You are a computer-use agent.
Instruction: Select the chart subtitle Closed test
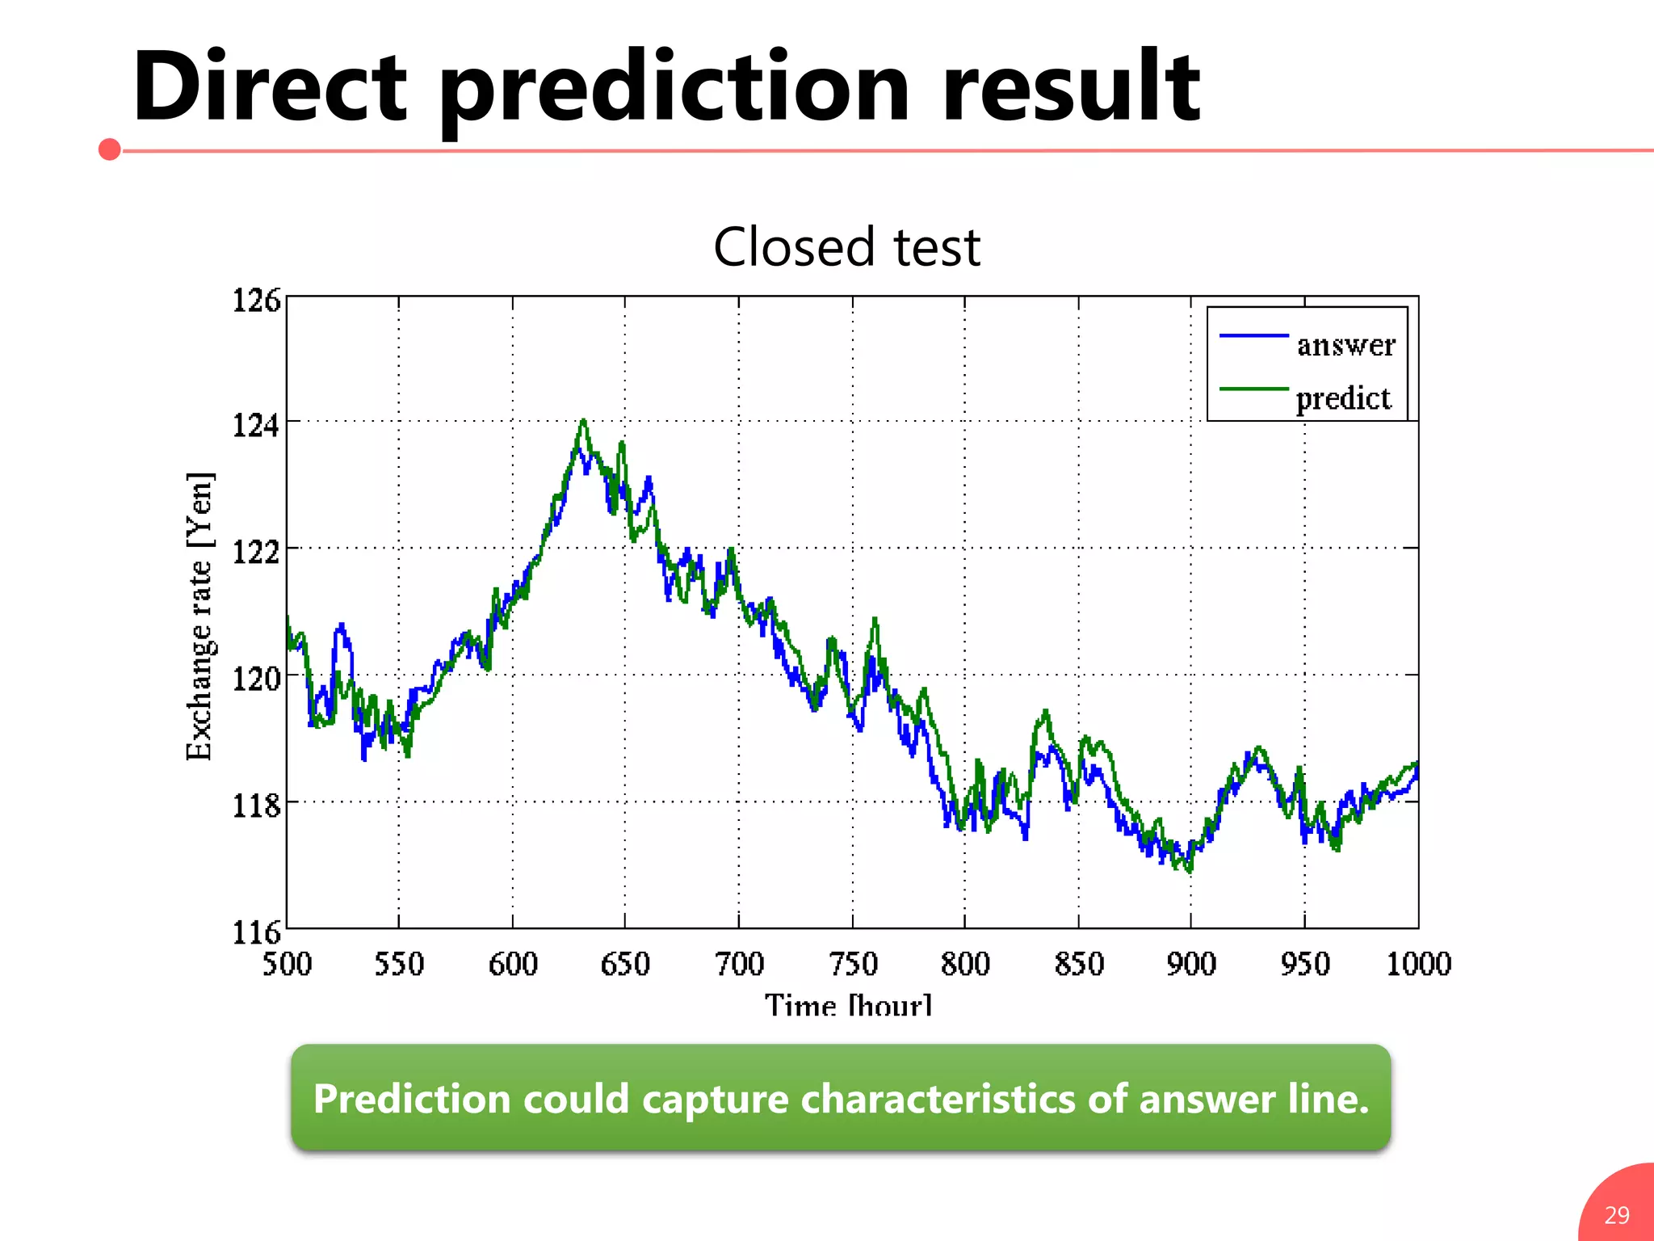[x=846, y=247]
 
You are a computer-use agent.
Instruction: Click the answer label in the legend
[x=1345, y=345]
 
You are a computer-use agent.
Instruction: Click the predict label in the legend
[x=1343, y=398]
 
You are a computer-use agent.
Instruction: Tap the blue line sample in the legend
[x=1253, y=335]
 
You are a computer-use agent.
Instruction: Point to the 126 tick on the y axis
[x=256, y=301]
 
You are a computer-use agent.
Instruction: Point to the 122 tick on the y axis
[x=256, y=553]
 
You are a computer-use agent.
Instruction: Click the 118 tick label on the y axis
[x=256, y=806]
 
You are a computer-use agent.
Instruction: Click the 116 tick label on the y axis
[x=256, y=932]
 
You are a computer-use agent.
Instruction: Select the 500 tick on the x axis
[x=287, y=964]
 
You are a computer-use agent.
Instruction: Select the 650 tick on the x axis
[x=625, y=964]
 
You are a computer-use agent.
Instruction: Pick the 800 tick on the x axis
[x=965, y=964]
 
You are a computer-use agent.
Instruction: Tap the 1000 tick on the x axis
[x=1418, y=964]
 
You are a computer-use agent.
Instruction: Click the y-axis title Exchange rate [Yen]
[x=199, y=616]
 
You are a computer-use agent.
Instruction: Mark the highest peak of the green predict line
[x=583, y=421]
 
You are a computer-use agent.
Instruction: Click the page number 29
[x=1616, y=1215]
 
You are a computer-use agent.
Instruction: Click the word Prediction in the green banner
[x=412, y=1099]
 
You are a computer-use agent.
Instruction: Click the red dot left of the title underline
[x=110, y=149]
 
